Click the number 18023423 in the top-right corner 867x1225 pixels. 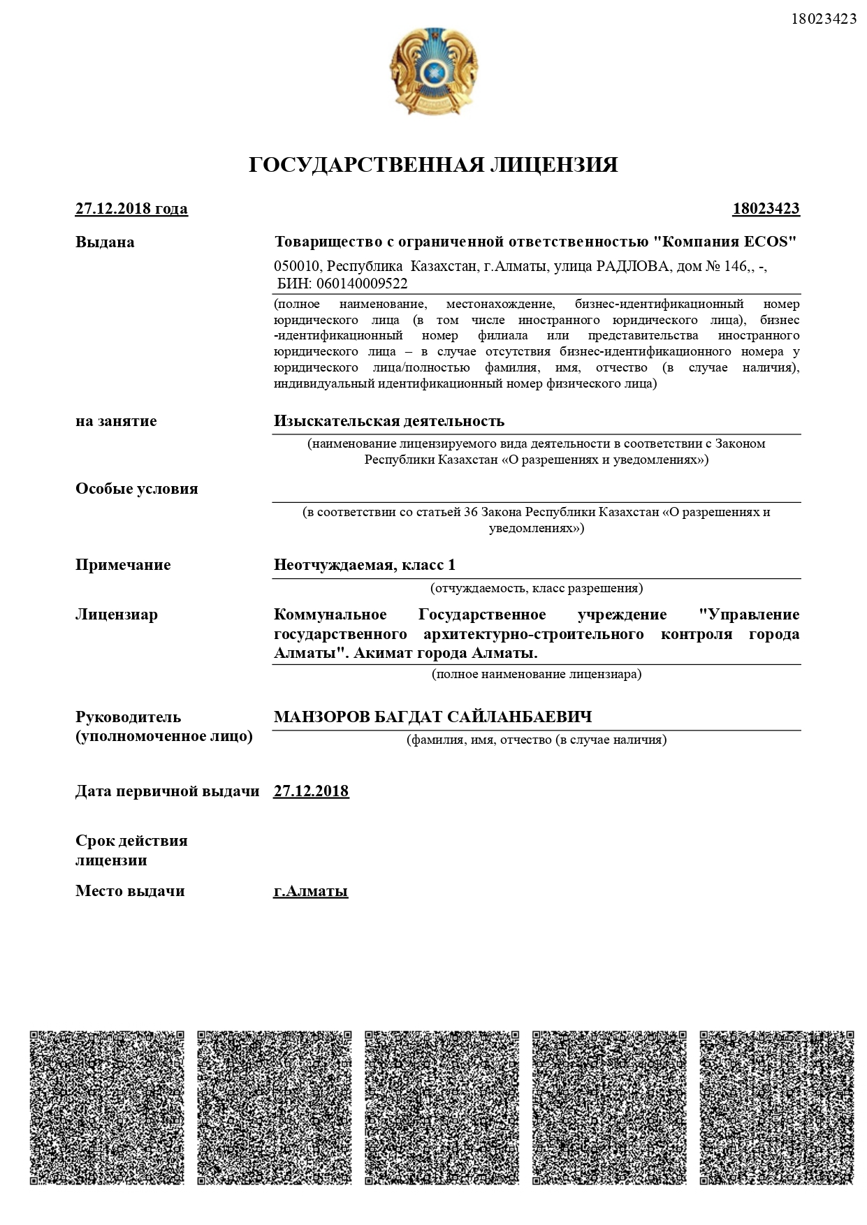pos(824,19)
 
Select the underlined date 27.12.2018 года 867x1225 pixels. pos(131,209)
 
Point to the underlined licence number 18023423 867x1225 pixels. pos(766,209)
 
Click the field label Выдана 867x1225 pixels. pos(105,242)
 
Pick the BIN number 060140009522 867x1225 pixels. pos(362,284)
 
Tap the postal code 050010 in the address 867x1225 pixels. pos(296,266)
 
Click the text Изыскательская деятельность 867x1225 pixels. pos(389,421)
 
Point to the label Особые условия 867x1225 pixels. pos(137,489)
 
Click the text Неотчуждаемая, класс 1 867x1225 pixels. pos(365,565)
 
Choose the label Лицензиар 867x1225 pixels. pos(117,615)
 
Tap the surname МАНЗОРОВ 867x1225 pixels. pos(321,717)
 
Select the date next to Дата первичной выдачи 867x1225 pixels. pos(311,791)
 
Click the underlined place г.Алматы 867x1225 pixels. pos(311,891)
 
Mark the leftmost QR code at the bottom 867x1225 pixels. pos(107,1107)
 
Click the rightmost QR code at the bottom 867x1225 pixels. pos(776,1107)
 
